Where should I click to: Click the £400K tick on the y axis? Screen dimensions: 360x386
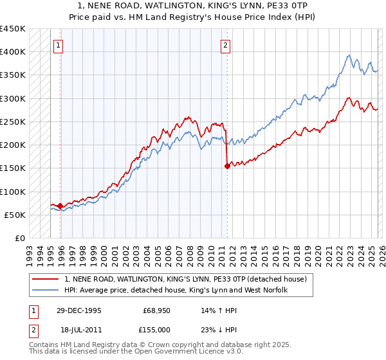pyautogui.click(x=13, y=52)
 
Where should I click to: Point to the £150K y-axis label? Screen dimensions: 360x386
pyautogui.click(x=13, y=168)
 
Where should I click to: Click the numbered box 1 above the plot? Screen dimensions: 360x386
pyautogui.click(x=59, y=45)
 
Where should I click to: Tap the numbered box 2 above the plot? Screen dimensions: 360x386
pyautogui.click(x=226, y=45)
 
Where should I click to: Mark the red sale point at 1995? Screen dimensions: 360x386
pyautogui.click(x=60, y=206)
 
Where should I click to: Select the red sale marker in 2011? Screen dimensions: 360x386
pyautogui.click(x=226, y=166)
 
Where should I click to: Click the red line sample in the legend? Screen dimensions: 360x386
pyautogui.click(x=46, y=279)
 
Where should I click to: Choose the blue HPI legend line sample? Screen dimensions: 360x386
pyautogui.click(x=46, y=290)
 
